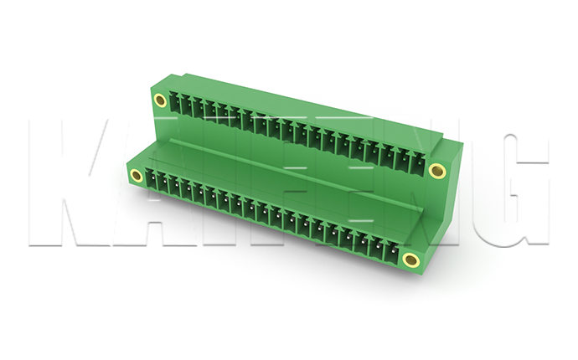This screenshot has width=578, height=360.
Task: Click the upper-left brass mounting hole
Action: pos(160,100)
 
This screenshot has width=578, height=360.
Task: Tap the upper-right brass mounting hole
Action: pos(437,171)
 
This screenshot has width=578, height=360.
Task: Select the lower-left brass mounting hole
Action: pos(137,175)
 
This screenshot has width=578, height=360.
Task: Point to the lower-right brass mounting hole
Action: pos(410,260)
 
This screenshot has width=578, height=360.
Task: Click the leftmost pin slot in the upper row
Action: pos(173,103)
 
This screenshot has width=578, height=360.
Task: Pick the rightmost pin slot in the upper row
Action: pos(418,162)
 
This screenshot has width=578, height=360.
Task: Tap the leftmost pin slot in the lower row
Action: pos(150,179)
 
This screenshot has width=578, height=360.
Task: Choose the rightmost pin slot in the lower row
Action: pos(392,250)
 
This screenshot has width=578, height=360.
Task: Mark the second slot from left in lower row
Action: pos(162,183)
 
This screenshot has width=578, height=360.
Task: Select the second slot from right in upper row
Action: pos(404,157)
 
